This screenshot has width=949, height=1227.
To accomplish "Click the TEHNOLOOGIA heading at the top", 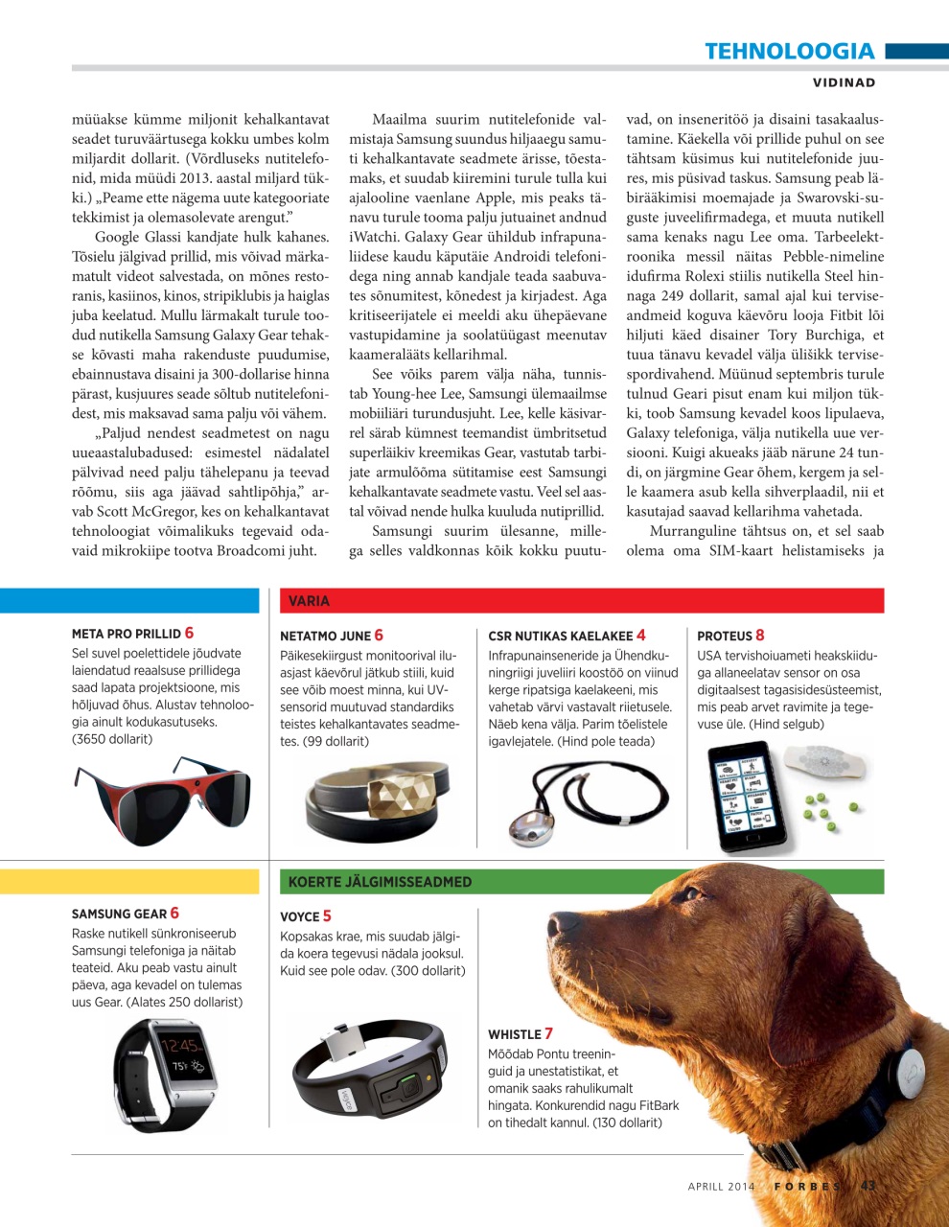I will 789,51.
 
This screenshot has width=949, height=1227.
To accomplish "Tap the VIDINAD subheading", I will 844,82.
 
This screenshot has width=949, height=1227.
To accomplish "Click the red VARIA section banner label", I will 309,601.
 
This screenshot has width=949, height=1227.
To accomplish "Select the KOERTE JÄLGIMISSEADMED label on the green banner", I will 380,882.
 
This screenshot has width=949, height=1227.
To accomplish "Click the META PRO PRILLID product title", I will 126,634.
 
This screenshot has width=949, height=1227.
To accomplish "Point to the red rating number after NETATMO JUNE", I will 379,635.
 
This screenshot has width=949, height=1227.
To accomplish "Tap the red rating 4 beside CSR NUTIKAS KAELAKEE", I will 640,635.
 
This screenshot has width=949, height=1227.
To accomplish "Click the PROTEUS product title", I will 724,636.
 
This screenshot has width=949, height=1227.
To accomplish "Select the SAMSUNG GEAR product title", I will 119,914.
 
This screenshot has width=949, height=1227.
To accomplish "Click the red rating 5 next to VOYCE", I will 327,915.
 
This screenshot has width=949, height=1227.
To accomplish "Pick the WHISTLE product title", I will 515,1034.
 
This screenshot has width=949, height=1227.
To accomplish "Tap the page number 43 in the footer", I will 868,1186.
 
